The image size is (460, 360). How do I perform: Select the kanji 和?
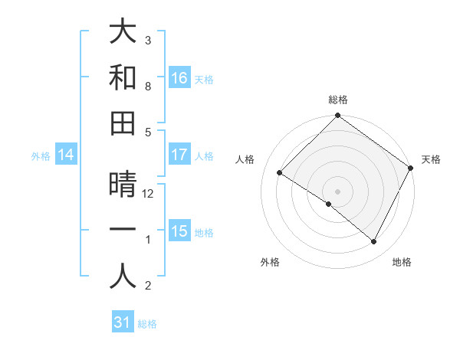(123, 77)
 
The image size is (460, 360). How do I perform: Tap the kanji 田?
(123, 123)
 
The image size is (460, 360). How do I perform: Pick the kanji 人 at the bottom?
(123, 277)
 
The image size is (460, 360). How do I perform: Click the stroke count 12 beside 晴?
(149, 194)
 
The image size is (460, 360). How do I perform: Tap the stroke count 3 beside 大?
(148, 40)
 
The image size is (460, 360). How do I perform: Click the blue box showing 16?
(179, 77)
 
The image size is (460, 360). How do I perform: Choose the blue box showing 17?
(179, 155)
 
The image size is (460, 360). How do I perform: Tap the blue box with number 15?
(179, 231)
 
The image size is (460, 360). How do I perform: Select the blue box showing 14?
(66, 155)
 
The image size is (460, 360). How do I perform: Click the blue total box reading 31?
(123, 322)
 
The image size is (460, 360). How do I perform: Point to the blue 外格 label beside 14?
(41, 156)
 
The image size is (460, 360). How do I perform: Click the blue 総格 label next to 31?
(147, 324)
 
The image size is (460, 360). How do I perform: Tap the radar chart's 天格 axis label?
(431, 159)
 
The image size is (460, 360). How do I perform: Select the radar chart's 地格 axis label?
(402, 262)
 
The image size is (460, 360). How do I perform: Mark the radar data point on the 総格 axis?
(337, 116)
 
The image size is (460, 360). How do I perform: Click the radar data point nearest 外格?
(329, 204)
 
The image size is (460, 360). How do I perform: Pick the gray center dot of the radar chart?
(337, 191)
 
